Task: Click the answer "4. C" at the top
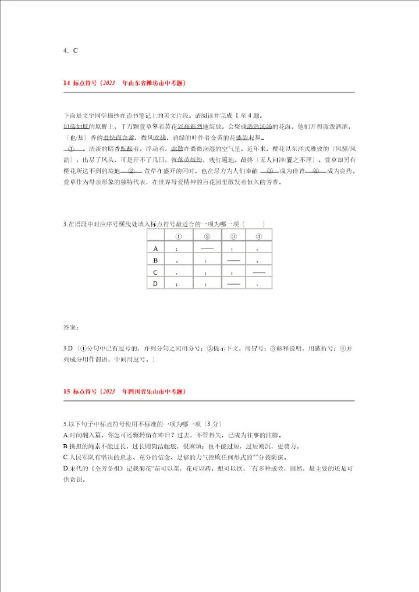pyautogui.click(x=70, y=50)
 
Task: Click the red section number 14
pyautogui.click(x=66, y=83)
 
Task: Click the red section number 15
pyautogui.click(x=66, y=392)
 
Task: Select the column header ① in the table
pyautogui.click(x=179, y=236)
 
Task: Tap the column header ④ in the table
pyautogui.click(x=258, y=236)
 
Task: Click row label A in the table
pyautogui.click(x=155, y=249)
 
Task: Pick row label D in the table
pyautogui.click(x=155, y=283)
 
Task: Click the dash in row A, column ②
pyautogui.click(x=207, y=249)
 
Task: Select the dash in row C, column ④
pyautogui.click(x=259, y=272)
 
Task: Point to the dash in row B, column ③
pyautogui.click(x=233, y=260)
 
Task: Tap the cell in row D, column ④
pyautogui.click(x=258, y=284)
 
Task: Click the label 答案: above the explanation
pyautogui.click(x=70, y=327)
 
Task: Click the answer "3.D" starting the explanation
pyautogui.click(x=68, y=348)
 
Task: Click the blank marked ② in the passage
pyautogui.click(x=130, y=171)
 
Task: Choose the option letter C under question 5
pyautogui.click(x=66, y=457)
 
